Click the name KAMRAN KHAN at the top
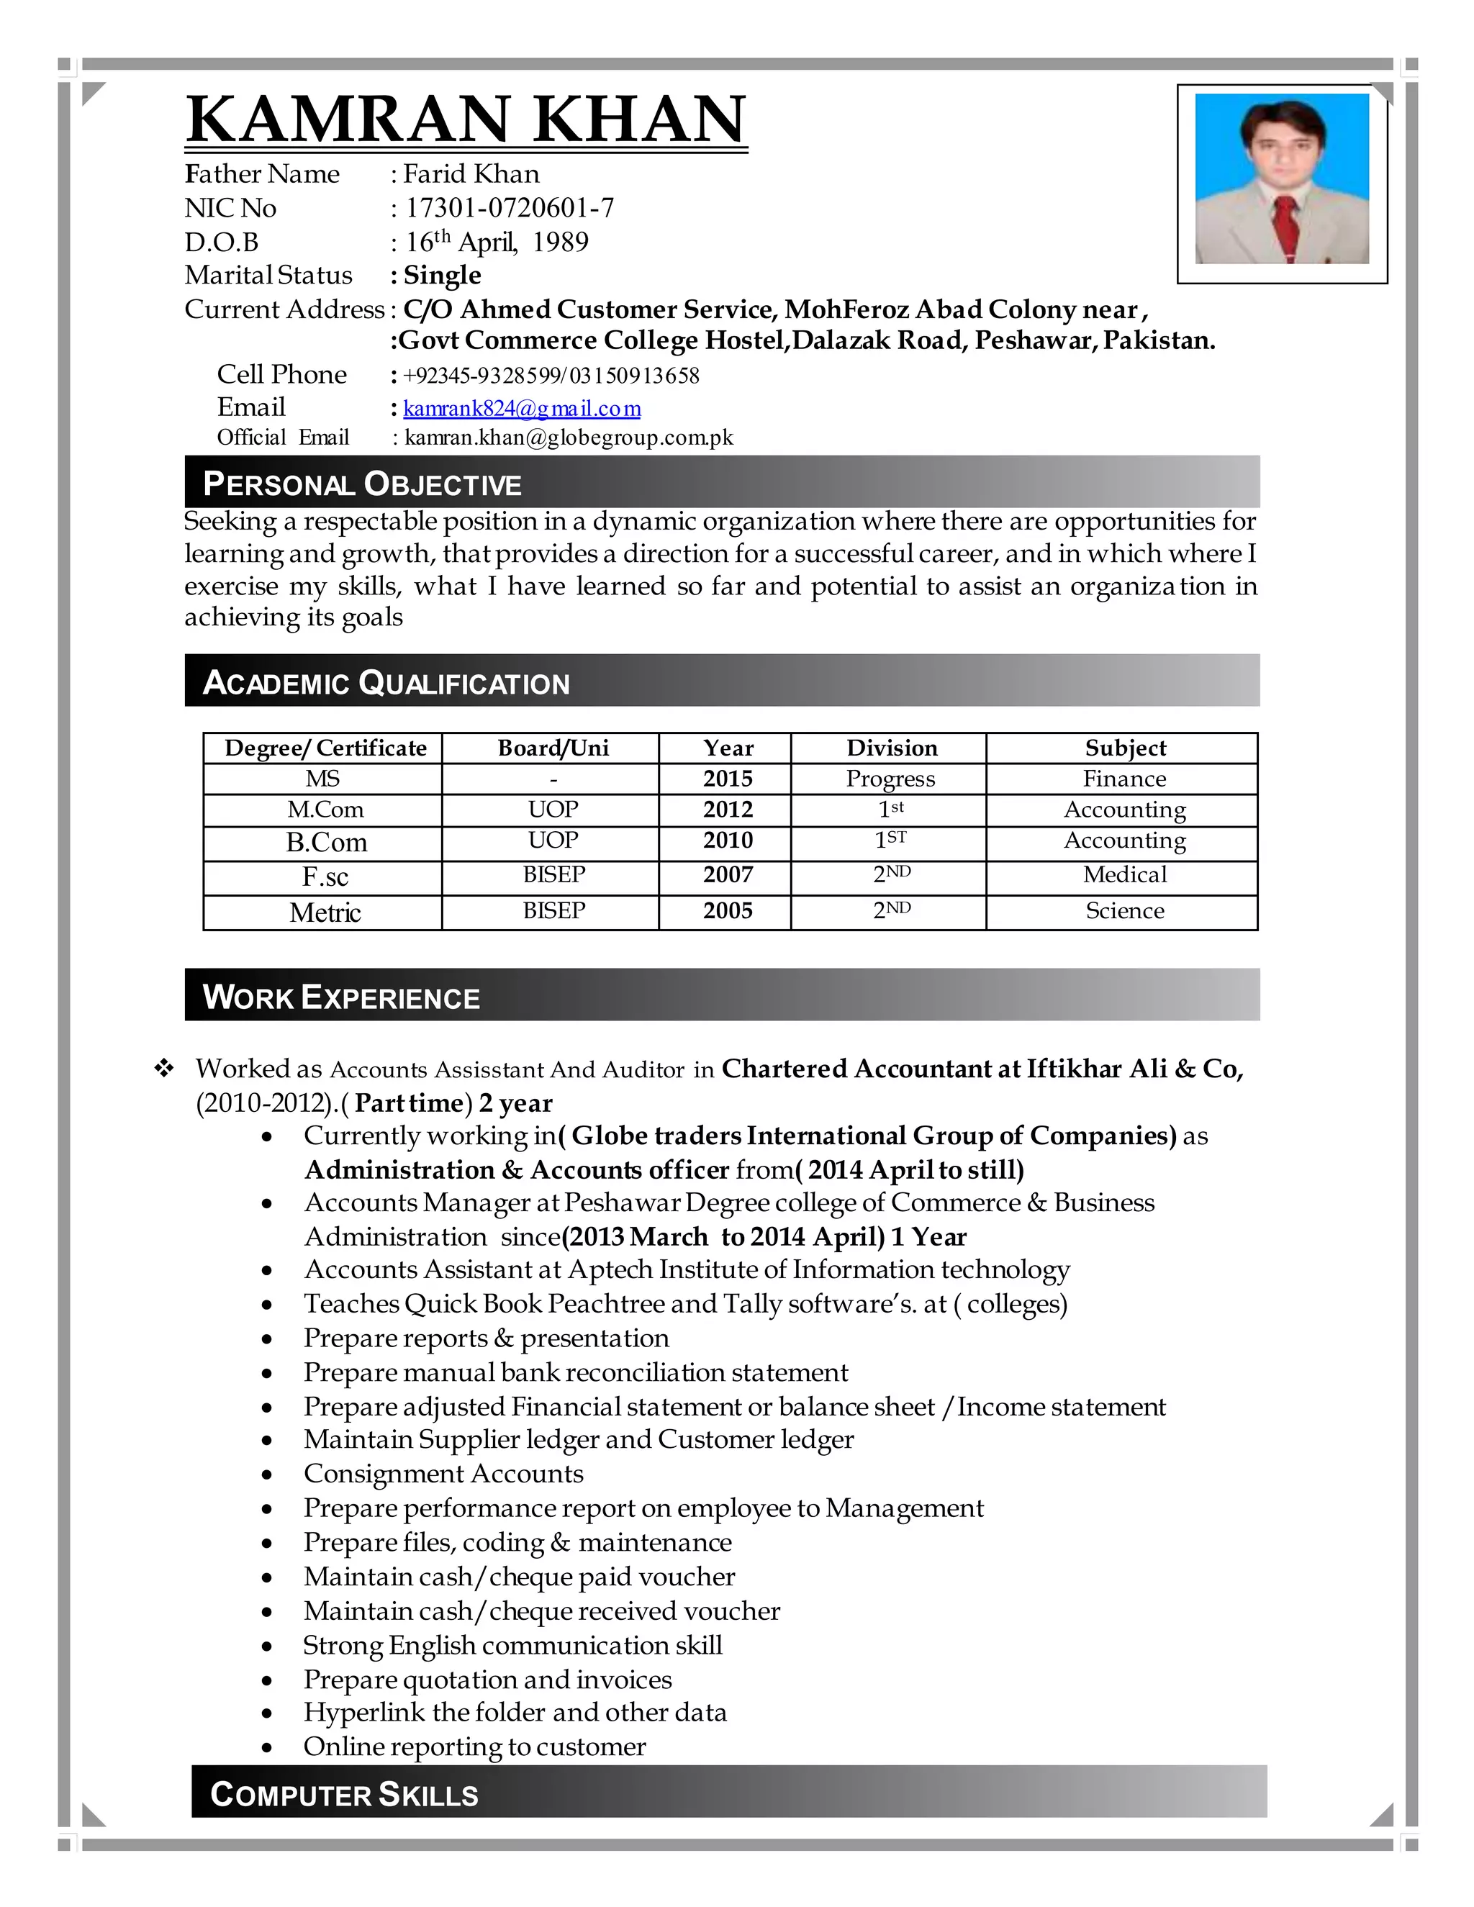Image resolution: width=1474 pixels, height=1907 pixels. (466, 119)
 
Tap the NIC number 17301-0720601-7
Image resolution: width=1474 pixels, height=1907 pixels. (509, 208)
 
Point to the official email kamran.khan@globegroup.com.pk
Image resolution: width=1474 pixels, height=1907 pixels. (569, 438)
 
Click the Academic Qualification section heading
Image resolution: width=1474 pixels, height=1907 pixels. (385, 682)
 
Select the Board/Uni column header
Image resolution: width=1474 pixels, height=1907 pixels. (553, 748)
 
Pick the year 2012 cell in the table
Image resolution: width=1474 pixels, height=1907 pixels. (728, 810)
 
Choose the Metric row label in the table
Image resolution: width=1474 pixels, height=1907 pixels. (325, 912)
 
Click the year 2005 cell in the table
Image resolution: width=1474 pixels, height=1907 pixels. (728, 911)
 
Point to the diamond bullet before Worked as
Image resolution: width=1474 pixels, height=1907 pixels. (163, 1068)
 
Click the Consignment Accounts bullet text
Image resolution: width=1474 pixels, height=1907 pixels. (443, 1474)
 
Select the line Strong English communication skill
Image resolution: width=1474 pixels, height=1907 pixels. (512, 1645)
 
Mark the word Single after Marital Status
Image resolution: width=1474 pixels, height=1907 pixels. (442, 275)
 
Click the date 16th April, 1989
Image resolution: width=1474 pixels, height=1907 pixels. (497, 242)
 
